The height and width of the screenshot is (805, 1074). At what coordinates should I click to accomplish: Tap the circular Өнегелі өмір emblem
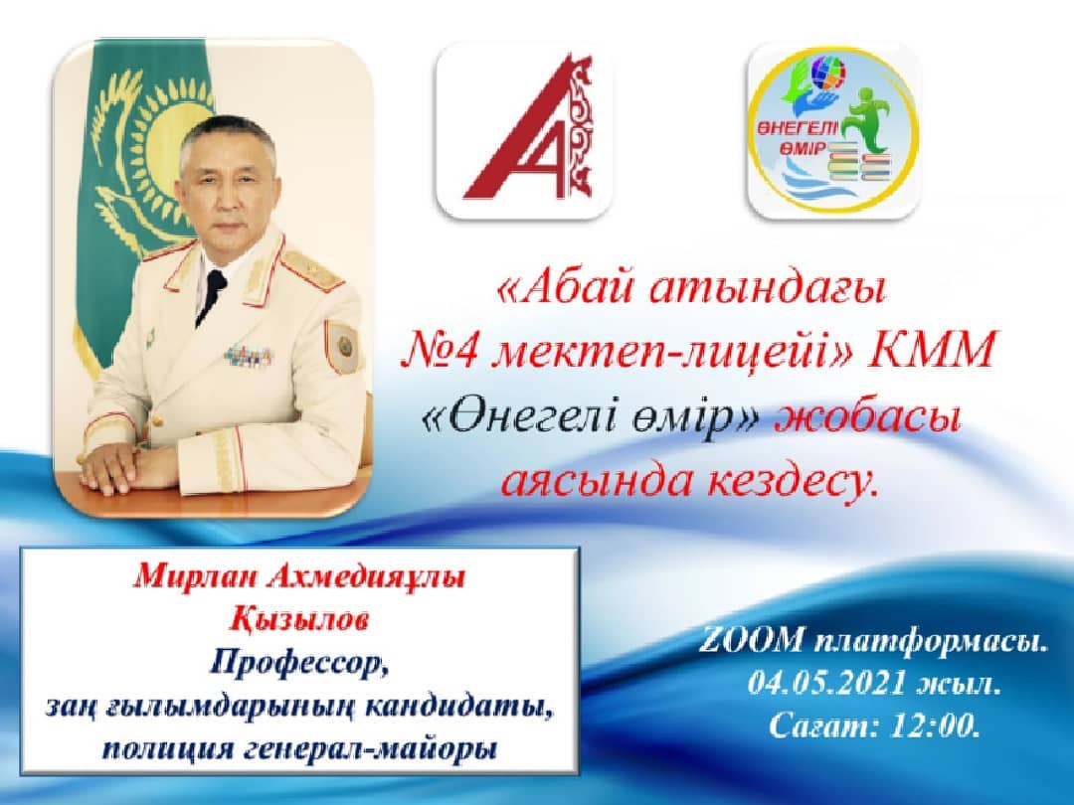[831, 131]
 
